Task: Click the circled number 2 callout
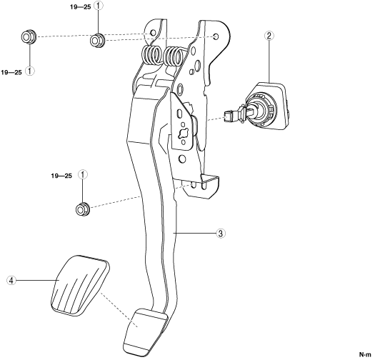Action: [x=269, y=36]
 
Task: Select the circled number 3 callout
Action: [x=221, y=233]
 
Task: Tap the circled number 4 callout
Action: [x=11, y=280]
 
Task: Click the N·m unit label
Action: [x=365, y=354]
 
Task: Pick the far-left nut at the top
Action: [x=29, y=37]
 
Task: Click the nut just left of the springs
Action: [x=97, y=40]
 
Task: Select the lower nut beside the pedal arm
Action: [x=83, y=209]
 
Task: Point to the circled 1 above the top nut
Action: [x=99, y=6]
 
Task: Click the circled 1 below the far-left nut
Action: [x=30, y=71]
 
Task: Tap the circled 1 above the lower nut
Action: [x=83, y=175]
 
